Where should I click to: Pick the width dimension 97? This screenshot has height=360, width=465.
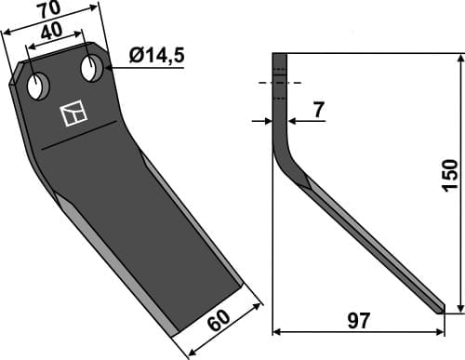coord(358,322)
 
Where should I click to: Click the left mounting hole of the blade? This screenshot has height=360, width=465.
coord(38,87)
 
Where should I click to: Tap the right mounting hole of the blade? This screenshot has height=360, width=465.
coord(92,68)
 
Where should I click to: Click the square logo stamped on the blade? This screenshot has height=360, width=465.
coord(72,114)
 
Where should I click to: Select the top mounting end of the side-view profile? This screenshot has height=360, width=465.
coord(279,60)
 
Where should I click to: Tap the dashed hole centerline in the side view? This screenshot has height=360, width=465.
coord(279,83)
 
